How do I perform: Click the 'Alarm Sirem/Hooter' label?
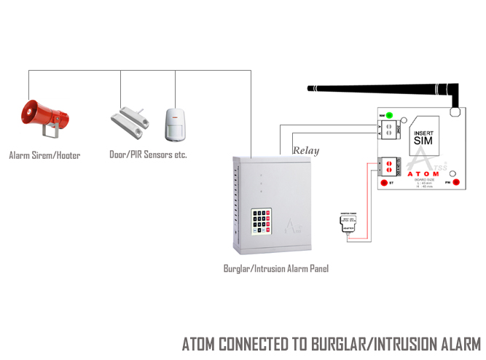[x=44, y=155]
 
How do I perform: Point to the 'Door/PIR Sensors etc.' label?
[x=148, y=155]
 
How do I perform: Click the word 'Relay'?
[x=306, y=151]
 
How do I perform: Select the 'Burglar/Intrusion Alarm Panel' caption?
[x=275, y=269]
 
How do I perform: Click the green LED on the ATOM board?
[x=391, y=115]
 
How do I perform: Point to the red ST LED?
[x=383, y=181]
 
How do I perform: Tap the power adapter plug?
[x=348, y=222]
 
